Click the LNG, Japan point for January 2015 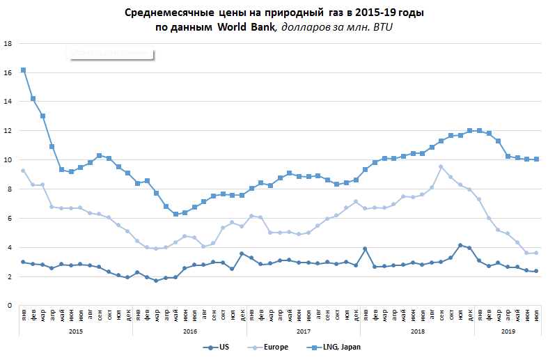(23, 70)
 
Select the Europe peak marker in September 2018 (441, 166)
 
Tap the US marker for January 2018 (365, 249)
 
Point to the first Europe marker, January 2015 (23, 171)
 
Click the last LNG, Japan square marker (536, 159)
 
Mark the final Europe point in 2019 (536, 253)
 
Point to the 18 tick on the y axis (8, 43)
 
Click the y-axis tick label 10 (8, 159)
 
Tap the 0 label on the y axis (10, 305)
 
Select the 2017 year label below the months (303, 331)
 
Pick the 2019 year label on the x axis (508, 331)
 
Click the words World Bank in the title (249, 26)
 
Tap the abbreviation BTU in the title (382, 26)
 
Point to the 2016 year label (189, 331)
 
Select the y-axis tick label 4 (10, 247)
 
